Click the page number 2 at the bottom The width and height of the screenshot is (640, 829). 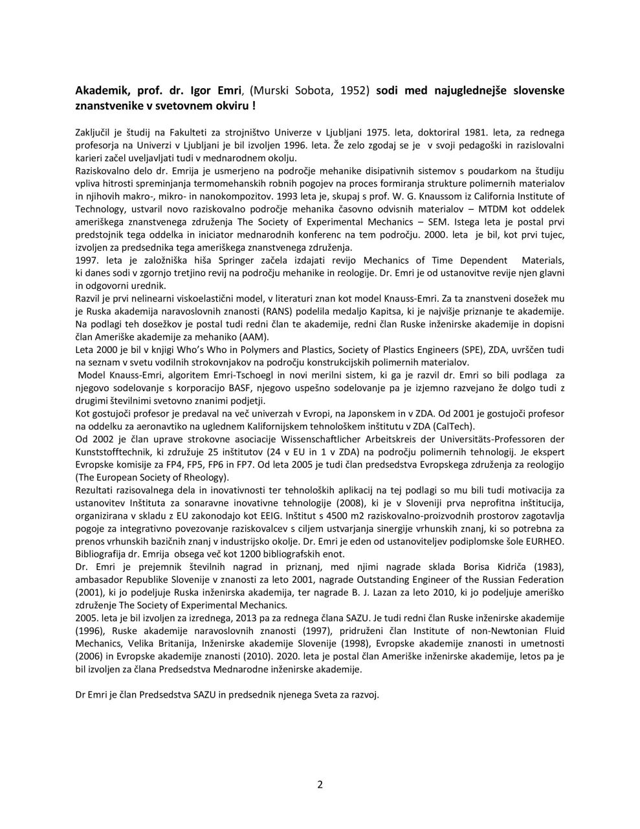(320, 785)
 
